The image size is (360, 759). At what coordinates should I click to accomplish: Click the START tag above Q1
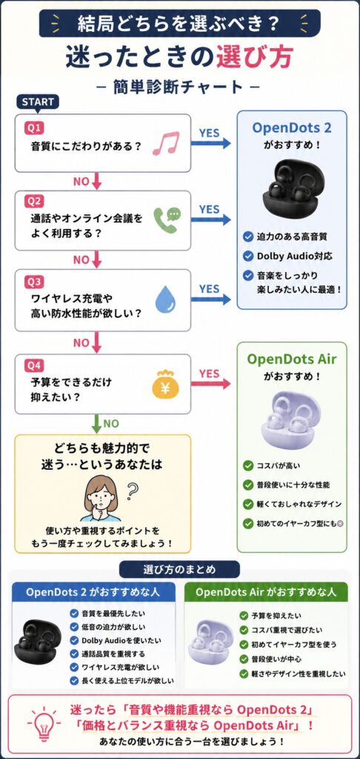[x=38, y=102]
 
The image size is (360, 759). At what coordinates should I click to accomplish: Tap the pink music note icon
[x=165, y=143]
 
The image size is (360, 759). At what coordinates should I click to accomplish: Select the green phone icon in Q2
[x=167, y=221]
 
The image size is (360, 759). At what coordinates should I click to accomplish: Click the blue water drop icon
[x=164, y=301]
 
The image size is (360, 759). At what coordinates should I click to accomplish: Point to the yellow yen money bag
[x=165, y=385]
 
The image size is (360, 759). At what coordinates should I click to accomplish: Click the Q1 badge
[x=35, y=127]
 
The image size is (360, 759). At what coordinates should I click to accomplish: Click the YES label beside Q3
[x=209, y=288]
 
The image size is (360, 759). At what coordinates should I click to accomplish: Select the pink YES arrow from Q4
[x=210, y=384]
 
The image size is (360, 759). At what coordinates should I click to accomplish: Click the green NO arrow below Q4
[x=96, y=424]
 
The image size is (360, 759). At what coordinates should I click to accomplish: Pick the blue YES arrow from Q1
[x=210, y=143]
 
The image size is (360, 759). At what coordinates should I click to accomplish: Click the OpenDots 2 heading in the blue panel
[x=291, y=128]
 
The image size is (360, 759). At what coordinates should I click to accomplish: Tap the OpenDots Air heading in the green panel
[x=291, y=359]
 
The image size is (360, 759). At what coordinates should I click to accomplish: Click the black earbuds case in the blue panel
[x=291, y=189]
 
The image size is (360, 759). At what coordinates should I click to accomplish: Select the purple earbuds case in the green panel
[x=291, y=420]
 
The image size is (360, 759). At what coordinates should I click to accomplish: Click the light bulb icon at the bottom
[x=44, y=724]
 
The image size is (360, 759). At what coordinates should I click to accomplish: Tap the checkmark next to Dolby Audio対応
[x=248, y=256]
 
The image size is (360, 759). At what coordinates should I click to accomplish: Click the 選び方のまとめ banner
[x=179, y=569]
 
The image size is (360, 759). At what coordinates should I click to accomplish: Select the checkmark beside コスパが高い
[x=248, y=465]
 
